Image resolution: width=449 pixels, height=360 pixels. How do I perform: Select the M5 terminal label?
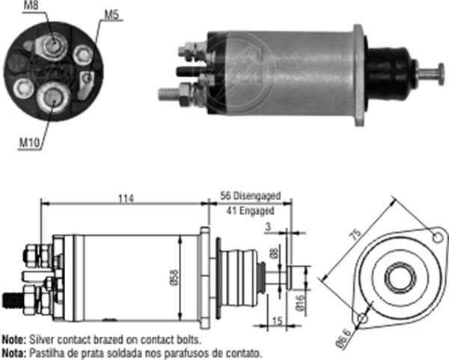[x=111, y=13]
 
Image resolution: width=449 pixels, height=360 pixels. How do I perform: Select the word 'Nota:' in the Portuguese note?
[x=13, y=351]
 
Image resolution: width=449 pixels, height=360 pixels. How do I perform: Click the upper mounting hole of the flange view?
[x=436, y=239]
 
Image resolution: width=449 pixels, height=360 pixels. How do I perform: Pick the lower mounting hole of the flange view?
[x=363, y=320]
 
